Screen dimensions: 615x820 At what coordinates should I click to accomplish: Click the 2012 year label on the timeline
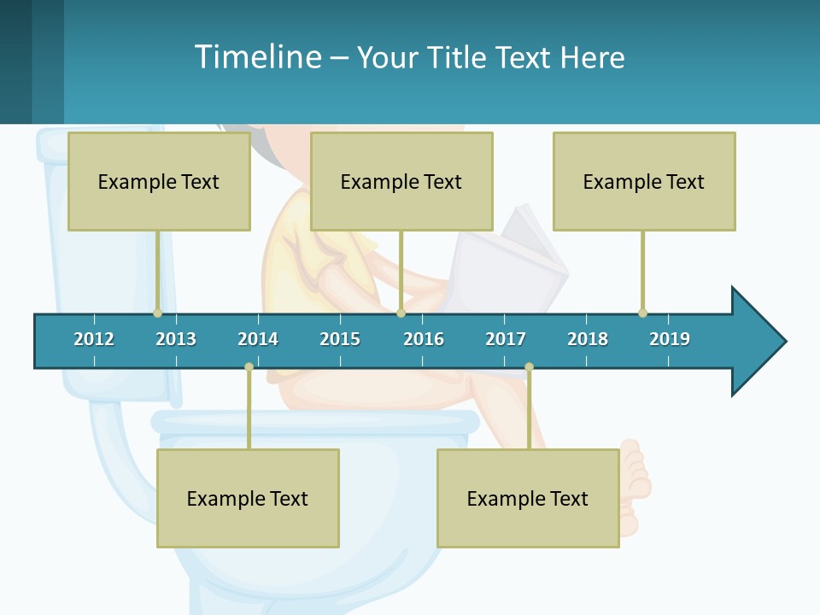click(94, 339)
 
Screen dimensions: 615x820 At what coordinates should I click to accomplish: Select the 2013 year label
click(176, 339)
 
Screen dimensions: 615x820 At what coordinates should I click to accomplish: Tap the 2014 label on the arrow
click(258, 339)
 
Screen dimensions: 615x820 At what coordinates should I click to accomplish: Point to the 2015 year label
click(340, 339)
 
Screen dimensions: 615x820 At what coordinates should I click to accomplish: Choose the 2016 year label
click(424, 339)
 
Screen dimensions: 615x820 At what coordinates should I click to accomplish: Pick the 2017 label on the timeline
click(506, 339)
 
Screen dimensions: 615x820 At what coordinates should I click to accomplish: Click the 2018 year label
click(588, 339)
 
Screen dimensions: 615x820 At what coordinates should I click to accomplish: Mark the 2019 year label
click(670, 339)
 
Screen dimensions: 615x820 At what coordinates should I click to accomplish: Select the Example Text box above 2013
click(159, 181)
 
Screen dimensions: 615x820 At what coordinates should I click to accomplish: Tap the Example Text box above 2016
click(401, 181)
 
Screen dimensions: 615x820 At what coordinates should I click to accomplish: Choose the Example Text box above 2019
click(644, 181)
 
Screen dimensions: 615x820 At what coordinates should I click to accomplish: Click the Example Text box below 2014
click(248, 498)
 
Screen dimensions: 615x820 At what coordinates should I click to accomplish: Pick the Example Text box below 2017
click(528, 498)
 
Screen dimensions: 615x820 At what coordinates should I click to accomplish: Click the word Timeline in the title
click(257, 57)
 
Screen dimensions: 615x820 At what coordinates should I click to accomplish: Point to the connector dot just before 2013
click(157, 313)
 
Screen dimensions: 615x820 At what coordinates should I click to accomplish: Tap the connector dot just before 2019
click(642, 313)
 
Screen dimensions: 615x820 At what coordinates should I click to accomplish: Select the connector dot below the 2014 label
click(249, 366)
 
